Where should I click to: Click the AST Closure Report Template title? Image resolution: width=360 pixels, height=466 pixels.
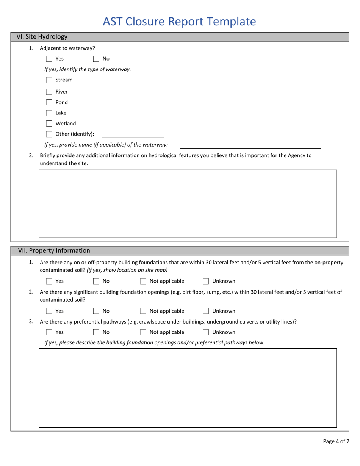pos(180,22)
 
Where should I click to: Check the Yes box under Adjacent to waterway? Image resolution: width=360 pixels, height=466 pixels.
pos(49,59)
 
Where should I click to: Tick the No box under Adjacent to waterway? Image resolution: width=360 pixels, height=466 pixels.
pos(97,59)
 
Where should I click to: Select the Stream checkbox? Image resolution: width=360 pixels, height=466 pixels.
pos(49,80)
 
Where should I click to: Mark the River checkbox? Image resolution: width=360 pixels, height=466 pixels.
pos(49,91)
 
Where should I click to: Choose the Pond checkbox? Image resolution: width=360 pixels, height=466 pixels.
pos(49,102)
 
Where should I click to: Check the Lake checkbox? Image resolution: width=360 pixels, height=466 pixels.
pos(49,113)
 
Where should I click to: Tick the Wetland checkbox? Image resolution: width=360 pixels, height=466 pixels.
pos(49,124)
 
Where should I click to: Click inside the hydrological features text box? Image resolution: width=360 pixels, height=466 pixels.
pos(188,203)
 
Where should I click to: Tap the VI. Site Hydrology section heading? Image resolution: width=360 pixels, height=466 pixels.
pos(42,37)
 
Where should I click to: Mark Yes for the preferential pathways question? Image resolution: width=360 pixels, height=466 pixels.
pos(49,332)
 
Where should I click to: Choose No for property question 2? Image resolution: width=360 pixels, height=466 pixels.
pos(97,311)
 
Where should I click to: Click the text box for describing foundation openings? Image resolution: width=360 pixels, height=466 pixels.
pos(188,388)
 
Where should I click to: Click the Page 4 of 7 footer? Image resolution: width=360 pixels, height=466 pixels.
pos(336,441)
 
